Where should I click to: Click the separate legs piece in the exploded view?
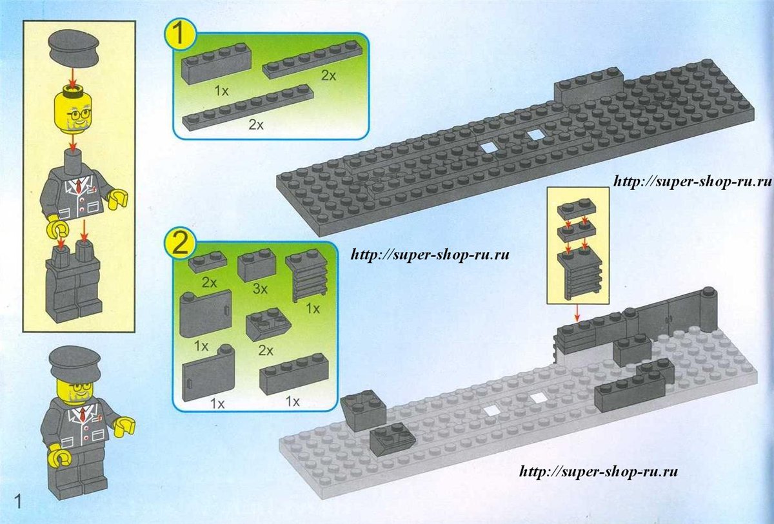pyautogui.click(x=74, y=283)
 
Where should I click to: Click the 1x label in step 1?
pyautogui.click(x=221, y=91)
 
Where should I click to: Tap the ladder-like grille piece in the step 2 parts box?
pyautogui.click(x=306, y=276)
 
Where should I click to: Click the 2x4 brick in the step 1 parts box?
pyautogui.click(x=216, y=64)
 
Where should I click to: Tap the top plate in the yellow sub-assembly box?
pyautogui.click(x=577, y=208)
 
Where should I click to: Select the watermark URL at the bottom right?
pyautogui.click(x=599, y=471)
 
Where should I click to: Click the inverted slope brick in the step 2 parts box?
pyautogui.click(x=268, y=326)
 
